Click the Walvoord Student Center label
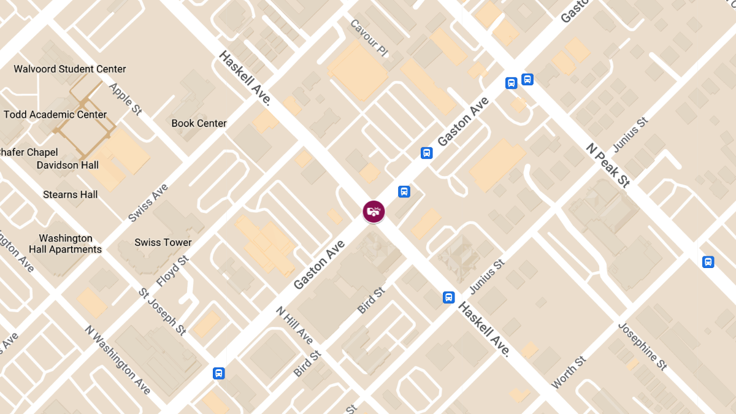pyautogui.click(x=70, y=69)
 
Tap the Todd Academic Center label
pyautogui.click(x=55, y=115)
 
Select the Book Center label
pyautogui.click(x=199, y=123)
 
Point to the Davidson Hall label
pyautogui.click(x=67, y=165)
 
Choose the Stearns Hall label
pyautogui.click(x=70, y=194)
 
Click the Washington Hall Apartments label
pyautogui.click(x=66, y=243)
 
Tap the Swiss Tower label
pyautogui.click(x=163, y=242)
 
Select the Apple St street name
pyautogui.click(x=125, y=98)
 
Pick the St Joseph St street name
pyautogui.click(x=162, y=312)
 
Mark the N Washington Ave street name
pyautogui.click(x=118, y=359)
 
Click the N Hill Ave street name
pyautogui.click(x=295, y=325)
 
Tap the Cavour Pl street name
pyautogui.click(x=369, y=37)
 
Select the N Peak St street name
pyautogui.click(x=608, y=165)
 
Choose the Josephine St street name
pyautogui.click(x=642, y=346)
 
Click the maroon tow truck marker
pyautogui.click(x=374, y=212)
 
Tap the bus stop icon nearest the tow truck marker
pyautogui.click(x=404, y=191)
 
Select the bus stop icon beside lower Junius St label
pyautogui.click(x=448, y=297)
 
